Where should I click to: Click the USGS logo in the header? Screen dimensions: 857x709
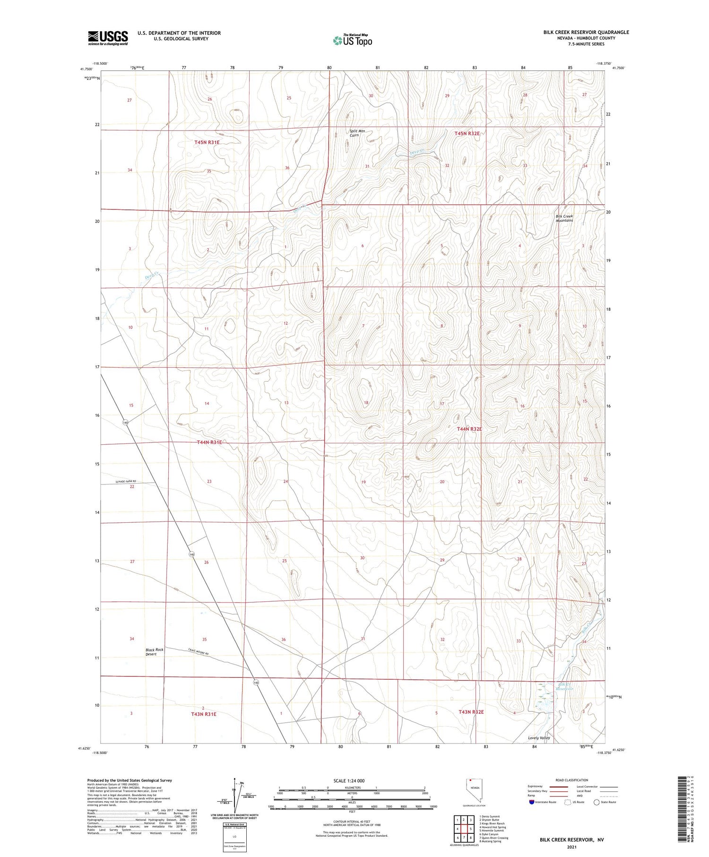pos(108,38)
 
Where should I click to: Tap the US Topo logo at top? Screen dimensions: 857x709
pos(352,40)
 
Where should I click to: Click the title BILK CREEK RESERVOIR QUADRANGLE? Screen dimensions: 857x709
pos(586,32)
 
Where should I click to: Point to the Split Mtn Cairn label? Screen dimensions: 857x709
pos(357,133)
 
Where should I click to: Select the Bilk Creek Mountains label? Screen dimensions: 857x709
pos(564,218)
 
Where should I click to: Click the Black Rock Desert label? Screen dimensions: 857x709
pos(155,652)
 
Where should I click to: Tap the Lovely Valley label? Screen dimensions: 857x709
pos(539,738)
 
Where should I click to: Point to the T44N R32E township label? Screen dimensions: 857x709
pos(469,429)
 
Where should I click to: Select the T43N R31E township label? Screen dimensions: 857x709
pos(204,714)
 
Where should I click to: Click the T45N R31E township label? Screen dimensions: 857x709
pos(207,142)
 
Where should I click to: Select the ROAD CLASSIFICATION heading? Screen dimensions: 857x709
pos(572,780)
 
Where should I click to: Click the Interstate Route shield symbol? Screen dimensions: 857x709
pos(532,802)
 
